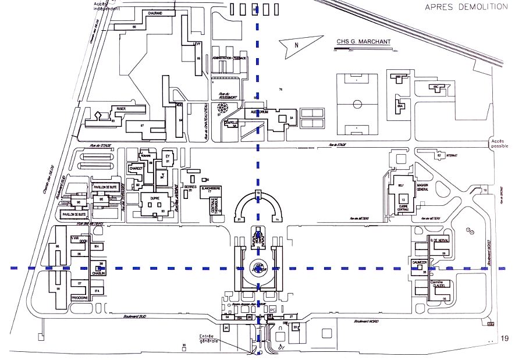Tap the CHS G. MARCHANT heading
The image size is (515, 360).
click(363, 41)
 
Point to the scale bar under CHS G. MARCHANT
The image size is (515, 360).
click(364, 51)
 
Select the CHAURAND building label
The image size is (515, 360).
click(154, 12)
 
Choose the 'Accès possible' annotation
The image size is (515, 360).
click(500, 144)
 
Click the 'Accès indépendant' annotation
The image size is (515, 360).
click(107, 6)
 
